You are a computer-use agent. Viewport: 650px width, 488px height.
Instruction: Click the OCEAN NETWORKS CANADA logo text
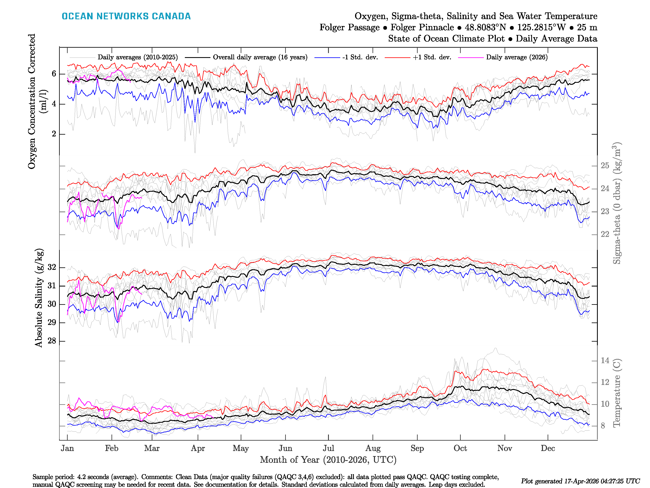tap(126, 16)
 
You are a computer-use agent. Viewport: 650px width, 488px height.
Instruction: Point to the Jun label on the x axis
tap(285, 448)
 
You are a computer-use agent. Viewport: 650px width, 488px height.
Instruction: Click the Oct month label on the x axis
tap(460, 448)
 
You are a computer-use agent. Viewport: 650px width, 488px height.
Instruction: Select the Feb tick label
tap(112, 448)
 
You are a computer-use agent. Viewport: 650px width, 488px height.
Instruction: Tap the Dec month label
tap(548, 448)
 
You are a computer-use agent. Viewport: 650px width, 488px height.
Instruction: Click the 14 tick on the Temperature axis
tap(605, 361)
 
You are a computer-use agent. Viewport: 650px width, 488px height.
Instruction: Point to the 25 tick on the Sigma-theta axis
tap(605, 166)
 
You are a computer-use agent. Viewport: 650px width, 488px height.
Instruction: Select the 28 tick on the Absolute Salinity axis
tap(52, 341)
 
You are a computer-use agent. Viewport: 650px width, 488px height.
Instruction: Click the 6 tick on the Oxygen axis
tap(54, 74)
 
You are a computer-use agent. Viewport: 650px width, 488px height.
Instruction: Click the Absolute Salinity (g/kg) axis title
tap(39, 298)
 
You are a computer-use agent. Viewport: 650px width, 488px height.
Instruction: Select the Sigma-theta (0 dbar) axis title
tap(616, 203)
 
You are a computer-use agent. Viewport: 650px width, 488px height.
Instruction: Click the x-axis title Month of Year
tap(328, 460)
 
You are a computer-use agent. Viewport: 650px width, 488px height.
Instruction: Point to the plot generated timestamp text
tap(580, 481)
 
